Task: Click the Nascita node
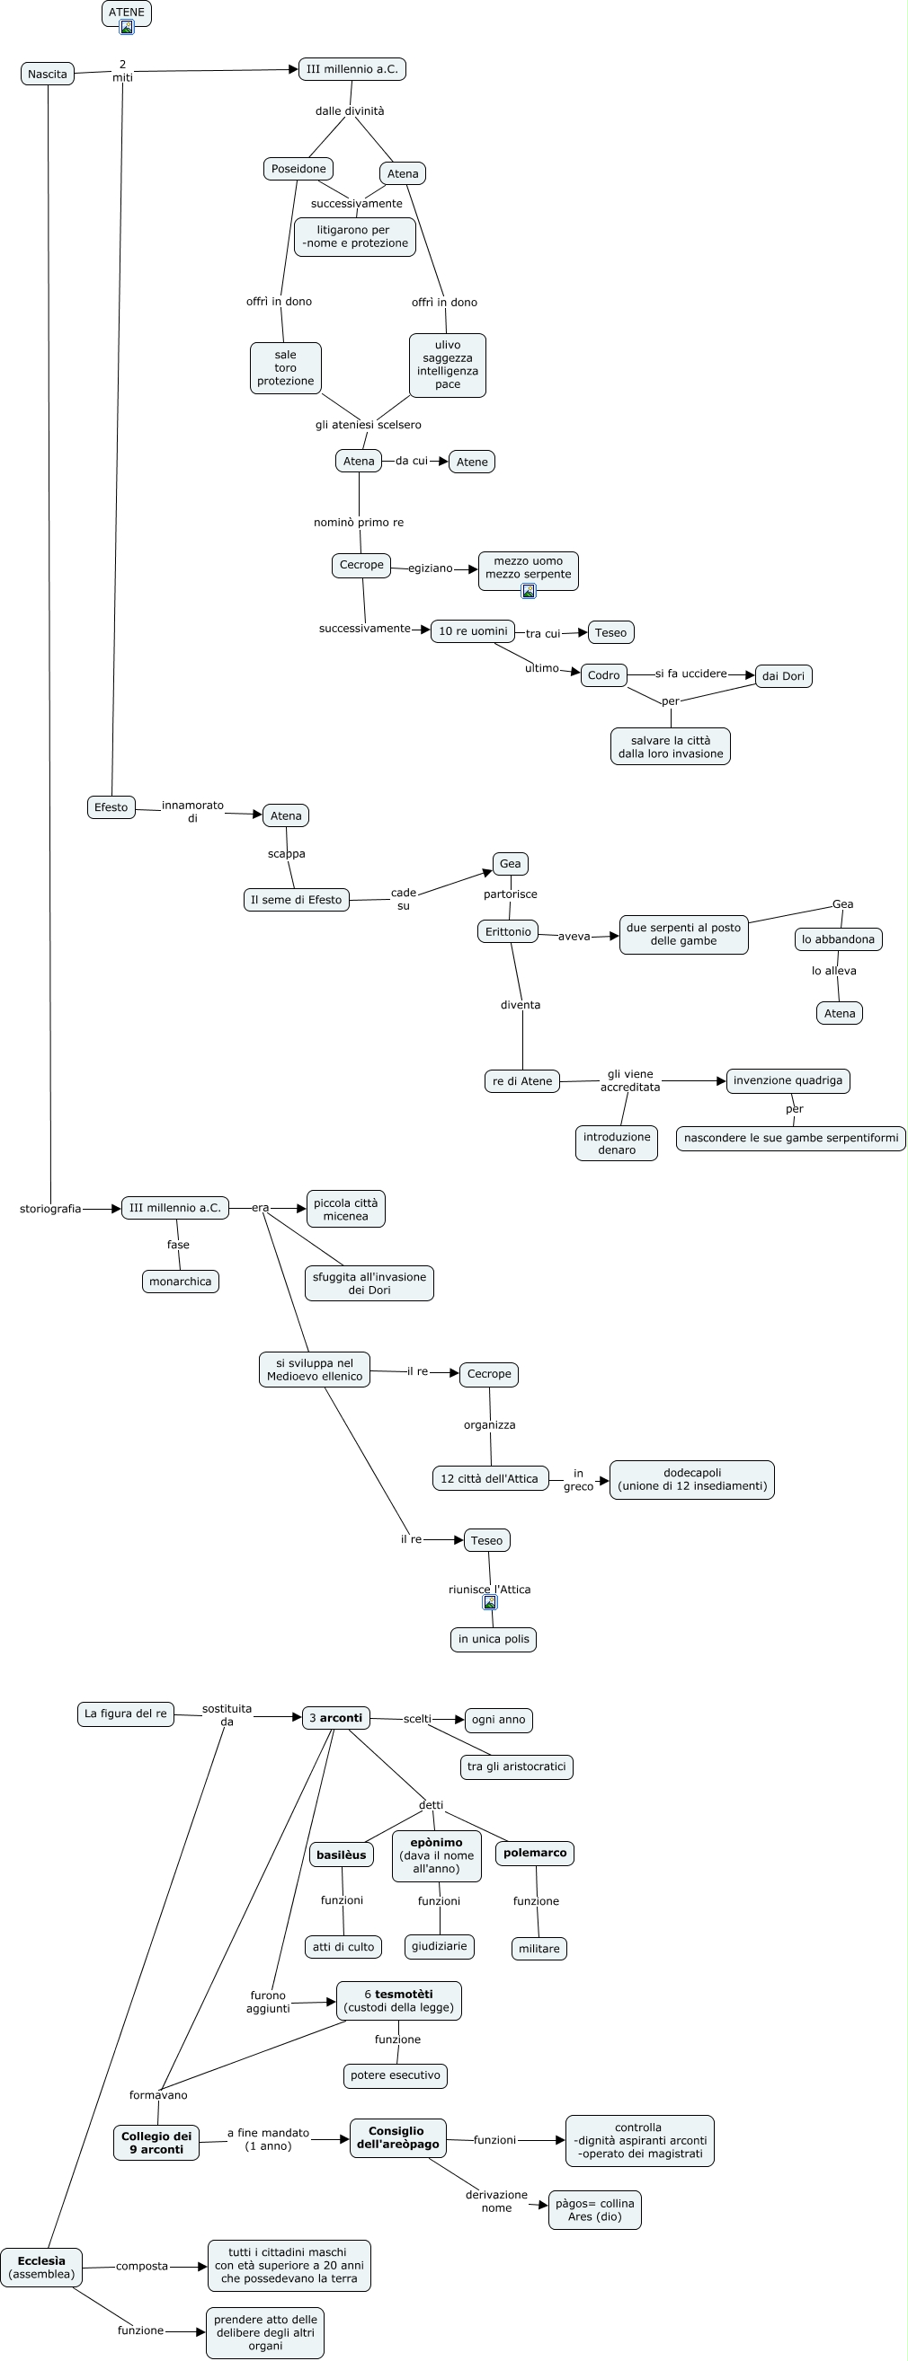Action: click(47, 75)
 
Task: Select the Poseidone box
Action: click(298, 169)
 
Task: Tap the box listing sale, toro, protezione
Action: click(285, 367)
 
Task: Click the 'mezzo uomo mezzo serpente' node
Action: click(529, 572)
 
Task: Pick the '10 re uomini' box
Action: click(472, 630)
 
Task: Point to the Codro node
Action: click(603, 675)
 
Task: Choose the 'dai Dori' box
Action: click(783, 676)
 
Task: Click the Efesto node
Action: click(111, 806)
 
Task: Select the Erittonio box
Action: click(508, 931)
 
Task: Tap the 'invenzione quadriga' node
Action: click(788, 1080)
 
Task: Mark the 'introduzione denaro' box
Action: click(617, 1143)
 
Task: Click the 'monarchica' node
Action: click(180, 1282)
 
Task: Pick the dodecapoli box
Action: click(692, 1479)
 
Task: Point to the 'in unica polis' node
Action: click(494, 1639)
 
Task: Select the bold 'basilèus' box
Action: click(342, 1854)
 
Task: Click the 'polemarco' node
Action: click(535, 1853)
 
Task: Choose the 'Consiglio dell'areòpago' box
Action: click(397, 2137)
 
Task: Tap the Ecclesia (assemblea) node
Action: click(41, 2267)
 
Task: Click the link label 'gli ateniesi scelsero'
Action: click(369, 425)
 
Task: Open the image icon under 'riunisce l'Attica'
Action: click(490, 1602)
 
